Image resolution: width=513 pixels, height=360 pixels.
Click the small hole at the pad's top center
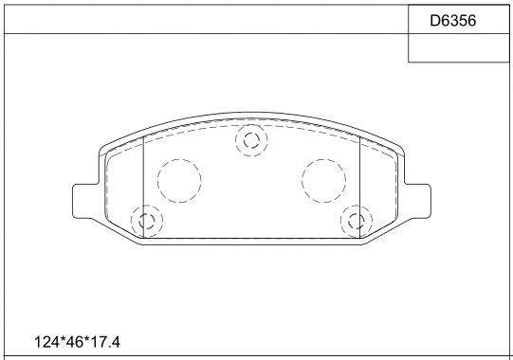tap(251, 140)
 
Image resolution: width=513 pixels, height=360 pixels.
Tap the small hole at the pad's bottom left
tap(148, 222)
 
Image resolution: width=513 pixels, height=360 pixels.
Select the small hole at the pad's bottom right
tap(357, 222)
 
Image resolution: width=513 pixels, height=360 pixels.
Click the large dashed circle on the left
tap(178, 180)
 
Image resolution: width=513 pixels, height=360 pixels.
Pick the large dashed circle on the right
tap(323, 180)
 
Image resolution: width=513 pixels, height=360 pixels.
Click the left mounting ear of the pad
tap(86, 200)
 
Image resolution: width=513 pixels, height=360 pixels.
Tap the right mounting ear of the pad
tap(417, 200)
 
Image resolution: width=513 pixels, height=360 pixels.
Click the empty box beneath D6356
tap(458, 49)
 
